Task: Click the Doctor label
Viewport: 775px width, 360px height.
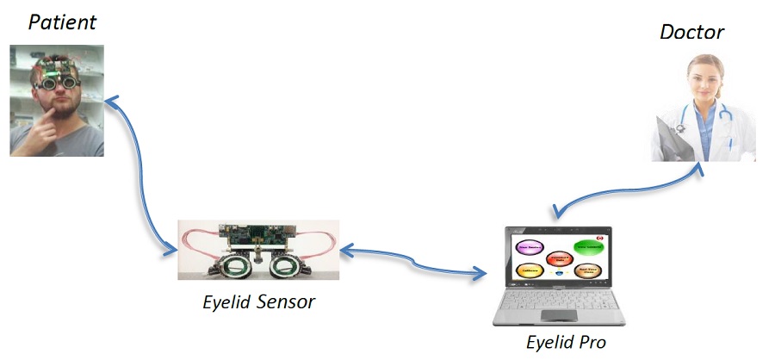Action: (691, 32)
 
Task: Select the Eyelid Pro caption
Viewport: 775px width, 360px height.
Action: (566, 342)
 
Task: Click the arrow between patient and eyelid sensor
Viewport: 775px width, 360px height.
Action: (138, 181)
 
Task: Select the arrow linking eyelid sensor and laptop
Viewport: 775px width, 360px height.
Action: (413, 263)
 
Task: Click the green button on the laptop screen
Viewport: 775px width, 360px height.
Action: (588, 247)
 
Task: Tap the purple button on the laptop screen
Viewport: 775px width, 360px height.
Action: (527, 247)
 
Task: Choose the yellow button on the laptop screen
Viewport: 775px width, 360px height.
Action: (527, 270)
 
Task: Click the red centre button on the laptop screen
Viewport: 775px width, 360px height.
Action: (559, 258)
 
